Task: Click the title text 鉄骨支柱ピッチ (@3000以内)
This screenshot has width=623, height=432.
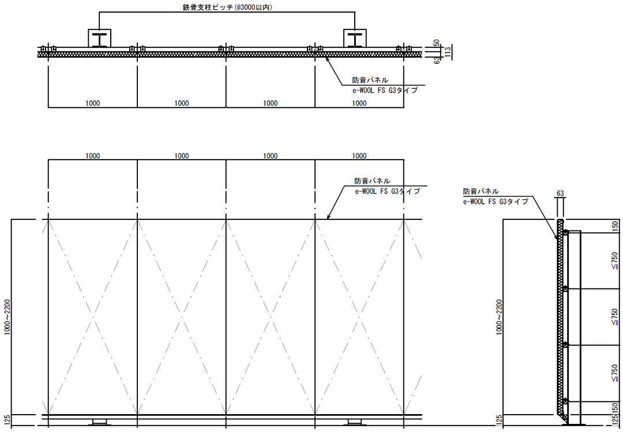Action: pyautogui.click(x=227, y=7)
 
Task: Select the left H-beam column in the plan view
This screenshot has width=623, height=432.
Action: pyautogui.click(x=99, y=38)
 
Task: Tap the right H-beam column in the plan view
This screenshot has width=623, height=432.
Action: pyautogui.click(x=355, y=38)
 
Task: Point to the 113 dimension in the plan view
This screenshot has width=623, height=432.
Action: pyautogui.click(x=448, y=52)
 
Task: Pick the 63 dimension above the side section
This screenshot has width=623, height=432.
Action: pyautogui.click(x=560, y=194)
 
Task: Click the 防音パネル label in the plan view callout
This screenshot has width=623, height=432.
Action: pyautogui.click(x=370, y=80)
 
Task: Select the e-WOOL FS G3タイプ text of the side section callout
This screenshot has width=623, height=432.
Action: pyautogui.click(x=496, y=202)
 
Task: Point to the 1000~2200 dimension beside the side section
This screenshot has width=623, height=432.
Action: pyautogui.click(x=500, y=317)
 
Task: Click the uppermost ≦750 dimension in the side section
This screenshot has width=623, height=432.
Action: pyautogui.click(x=615, y=261)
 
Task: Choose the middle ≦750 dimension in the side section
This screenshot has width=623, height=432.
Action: pyautogui.click(x=615, y=317)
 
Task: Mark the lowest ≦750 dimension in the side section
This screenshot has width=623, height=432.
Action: pyautogui.click(x=615, y=373)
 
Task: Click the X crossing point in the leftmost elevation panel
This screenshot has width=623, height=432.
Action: pyautogui.click(x=92, y=317)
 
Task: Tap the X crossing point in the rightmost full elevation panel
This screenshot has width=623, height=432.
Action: pyautogui.click(x=359, y=317)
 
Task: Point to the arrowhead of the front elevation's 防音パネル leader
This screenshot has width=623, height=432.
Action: pyautogui.click(x=328, y=217)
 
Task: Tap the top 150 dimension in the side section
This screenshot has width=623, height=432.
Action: pyautogui.click(x=615, y=226)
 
